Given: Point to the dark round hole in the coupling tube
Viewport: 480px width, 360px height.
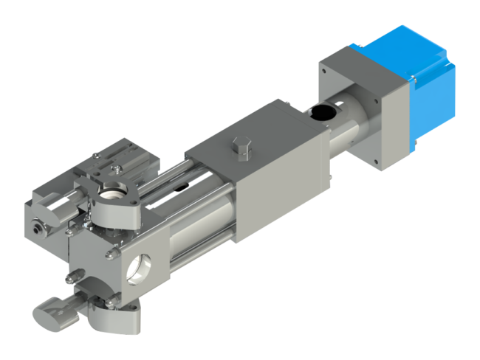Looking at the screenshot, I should [322, 112].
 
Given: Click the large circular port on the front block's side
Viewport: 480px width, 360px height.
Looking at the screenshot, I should [139, 267].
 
